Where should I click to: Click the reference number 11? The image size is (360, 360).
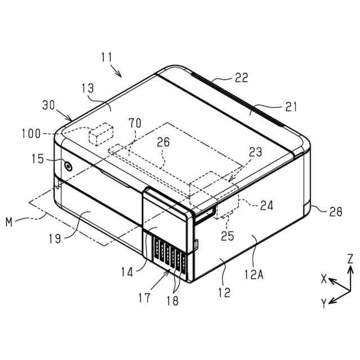(107, 57)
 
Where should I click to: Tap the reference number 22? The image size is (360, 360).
(241, 78)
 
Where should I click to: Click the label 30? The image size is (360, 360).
(49, 105)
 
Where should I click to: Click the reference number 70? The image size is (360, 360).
(134, 123)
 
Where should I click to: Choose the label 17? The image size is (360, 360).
(145, 296)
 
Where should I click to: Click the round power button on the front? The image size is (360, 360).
(68, 166)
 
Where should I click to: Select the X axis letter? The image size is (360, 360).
(323, 278)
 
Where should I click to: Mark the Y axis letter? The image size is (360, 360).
(324, 304)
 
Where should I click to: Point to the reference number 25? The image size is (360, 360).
(228, 236)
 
